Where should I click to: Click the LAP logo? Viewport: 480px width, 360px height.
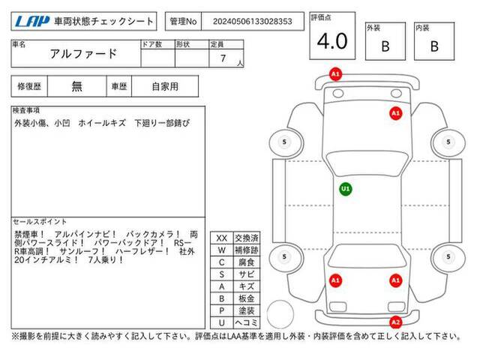pos(32,22)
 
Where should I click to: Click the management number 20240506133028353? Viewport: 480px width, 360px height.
pos(253,22)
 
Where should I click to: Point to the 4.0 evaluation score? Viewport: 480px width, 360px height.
pos(332,41)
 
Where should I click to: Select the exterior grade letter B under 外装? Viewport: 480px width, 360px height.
pos(385,46)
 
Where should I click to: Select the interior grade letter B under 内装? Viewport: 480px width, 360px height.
pos(434,46)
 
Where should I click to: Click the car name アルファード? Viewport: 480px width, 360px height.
pos(83,54)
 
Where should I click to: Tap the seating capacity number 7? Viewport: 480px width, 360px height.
pos(223,58)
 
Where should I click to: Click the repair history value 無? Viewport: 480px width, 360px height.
pos(76,87)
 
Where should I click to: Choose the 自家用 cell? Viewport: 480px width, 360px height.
pos(165,87)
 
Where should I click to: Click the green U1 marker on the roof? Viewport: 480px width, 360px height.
pos(346,189)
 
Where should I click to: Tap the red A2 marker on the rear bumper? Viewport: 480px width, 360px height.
pos(395,322)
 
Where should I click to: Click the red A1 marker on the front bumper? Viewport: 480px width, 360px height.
pos(335,74)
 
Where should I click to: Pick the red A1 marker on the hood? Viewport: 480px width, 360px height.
pos(395,113)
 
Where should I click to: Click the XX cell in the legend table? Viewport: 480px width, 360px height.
pos(222,238)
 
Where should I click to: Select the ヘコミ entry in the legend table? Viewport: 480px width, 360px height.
pos(247,322)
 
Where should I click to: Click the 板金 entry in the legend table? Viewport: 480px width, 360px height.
pos(247,298)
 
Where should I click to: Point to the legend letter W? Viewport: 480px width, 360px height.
pos(222,250)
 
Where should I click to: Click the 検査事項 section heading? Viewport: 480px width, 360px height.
pos(26,110)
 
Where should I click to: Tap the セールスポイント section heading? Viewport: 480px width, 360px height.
pos(40,222)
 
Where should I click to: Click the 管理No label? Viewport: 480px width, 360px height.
pos(183,22)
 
